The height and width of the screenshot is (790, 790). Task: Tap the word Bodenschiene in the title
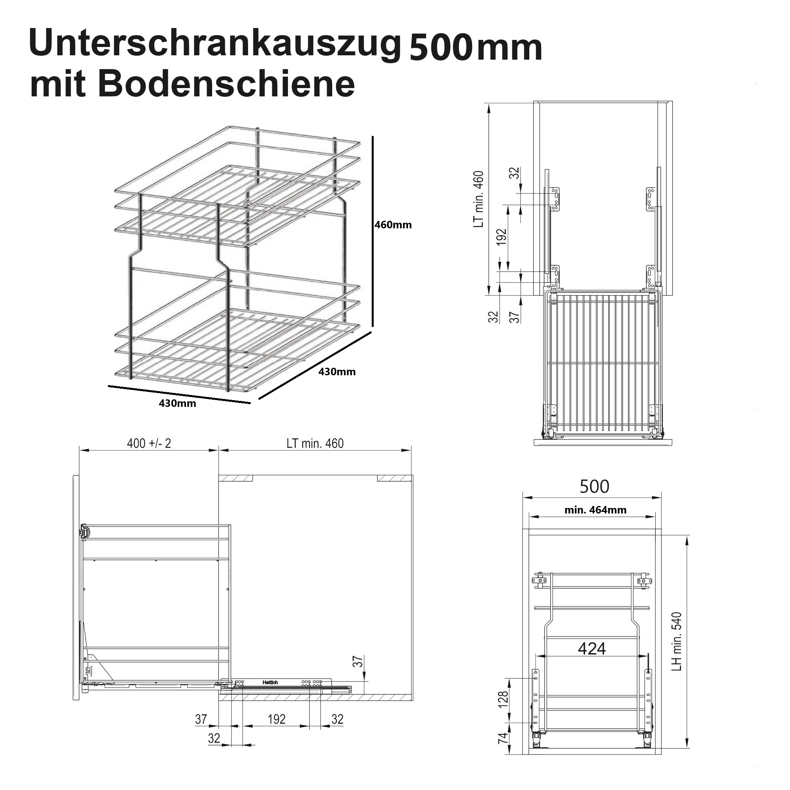226,84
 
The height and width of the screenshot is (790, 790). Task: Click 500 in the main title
439,48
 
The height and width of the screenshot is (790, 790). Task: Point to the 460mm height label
393,224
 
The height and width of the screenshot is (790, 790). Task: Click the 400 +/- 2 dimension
149,443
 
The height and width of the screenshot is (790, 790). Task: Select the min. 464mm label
595,510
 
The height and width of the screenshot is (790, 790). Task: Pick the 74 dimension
503,737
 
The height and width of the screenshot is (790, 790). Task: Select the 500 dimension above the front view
594,486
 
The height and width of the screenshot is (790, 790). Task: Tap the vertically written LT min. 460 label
478,199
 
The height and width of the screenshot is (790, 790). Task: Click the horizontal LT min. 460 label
315,443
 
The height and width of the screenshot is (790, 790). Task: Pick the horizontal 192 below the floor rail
276,719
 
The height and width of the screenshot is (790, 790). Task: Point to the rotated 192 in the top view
501,237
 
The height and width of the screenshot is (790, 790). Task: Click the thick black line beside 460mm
372,231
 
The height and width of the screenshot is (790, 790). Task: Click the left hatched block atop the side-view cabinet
236,478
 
